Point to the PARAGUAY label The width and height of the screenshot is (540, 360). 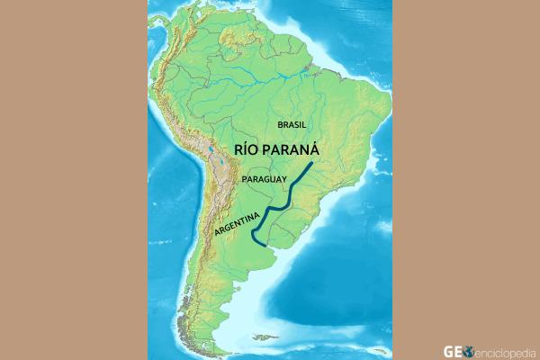click(x=264, y=180)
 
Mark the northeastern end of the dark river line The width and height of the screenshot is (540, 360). click(x=311, y=165)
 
